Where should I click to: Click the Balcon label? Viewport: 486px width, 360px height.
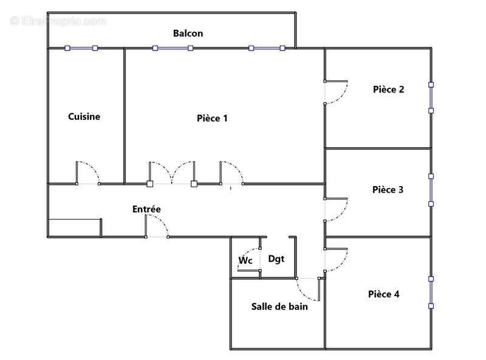click(188, 33)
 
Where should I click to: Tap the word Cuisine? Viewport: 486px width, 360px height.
click(84, 117)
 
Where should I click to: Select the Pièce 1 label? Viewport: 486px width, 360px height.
click(212, 118)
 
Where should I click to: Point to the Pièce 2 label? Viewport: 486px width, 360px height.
click(388, 89)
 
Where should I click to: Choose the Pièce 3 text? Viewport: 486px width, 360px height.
click(388, 190)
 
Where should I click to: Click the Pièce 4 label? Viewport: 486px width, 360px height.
click(383, 294)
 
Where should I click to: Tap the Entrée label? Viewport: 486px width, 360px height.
click(146, 209)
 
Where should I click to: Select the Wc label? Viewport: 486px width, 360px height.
click(245, 261)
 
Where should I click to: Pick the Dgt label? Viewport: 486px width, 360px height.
click(276, 258)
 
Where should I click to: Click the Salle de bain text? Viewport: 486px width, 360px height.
click(279, 306)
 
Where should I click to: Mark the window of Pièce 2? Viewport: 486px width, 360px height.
click(431, 97)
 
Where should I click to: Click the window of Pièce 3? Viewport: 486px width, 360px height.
click(431, 190)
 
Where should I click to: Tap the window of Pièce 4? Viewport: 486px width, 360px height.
click(431, 292)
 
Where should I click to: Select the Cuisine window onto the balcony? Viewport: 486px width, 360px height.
click(81, 48)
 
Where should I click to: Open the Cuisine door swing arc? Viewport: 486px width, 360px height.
click(89, 171)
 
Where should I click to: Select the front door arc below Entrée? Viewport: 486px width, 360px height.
click(158, 226)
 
